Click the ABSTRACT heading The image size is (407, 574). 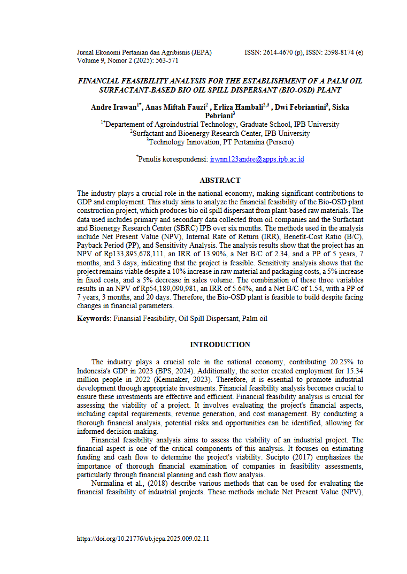point(220,180)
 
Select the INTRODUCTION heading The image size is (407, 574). point(220,345)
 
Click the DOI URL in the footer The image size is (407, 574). point(143,539)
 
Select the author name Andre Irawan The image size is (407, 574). point(114,107)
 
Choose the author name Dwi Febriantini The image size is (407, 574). point(300,107)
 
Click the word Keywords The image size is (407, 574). point(93,318)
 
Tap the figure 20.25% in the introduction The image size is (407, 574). point(335,362)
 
